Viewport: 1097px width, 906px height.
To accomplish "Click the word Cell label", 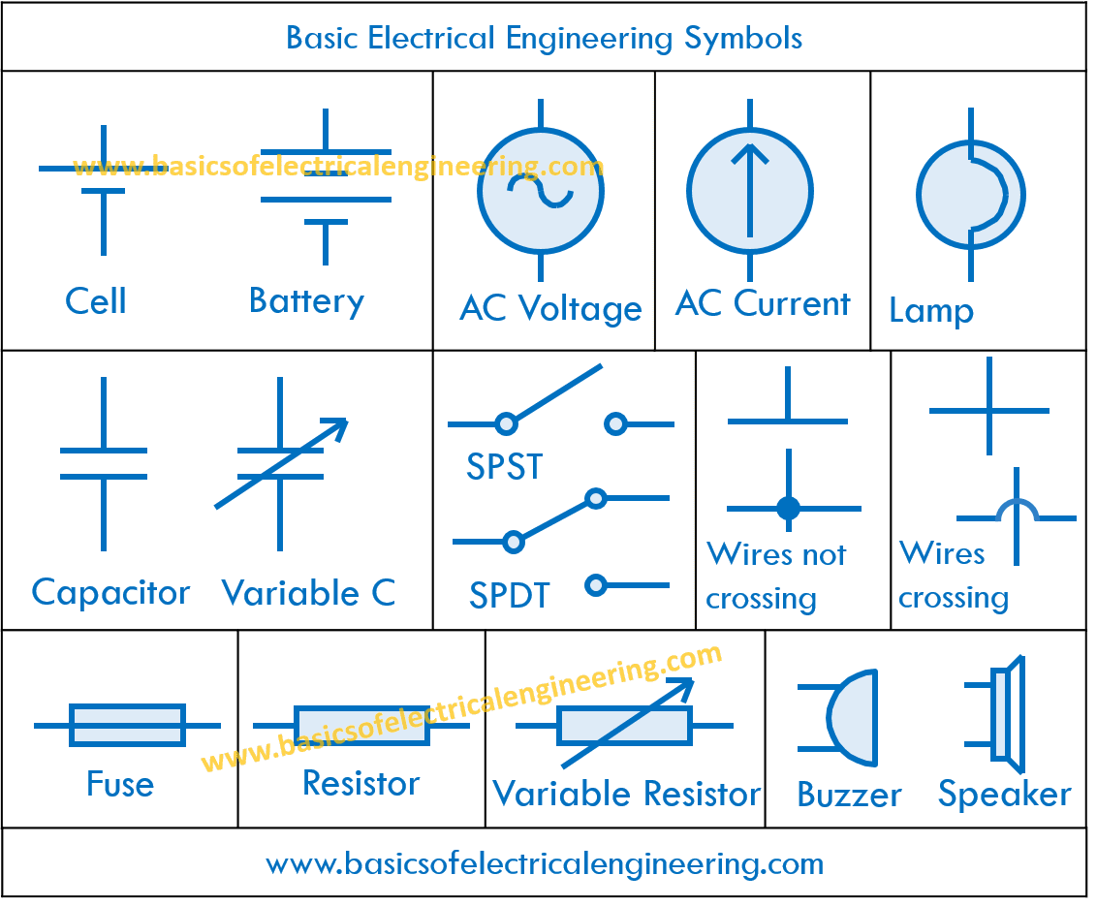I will tap(96, 300).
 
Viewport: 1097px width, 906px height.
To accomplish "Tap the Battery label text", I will tap(306, 300).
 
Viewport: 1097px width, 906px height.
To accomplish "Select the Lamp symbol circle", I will tap(969, 195).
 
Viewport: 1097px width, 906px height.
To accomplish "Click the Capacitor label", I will tap(110, 592).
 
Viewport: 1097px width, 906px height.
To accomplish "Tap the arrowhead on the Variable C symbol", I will tap(337, 426).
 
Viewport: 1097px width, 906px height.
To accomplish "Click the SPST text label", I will tap(505, 467).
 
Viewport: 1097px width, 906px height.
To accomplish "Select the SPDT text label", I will tap(510, 595).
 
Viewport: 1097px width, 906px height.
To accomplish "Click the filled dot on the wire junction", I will tap(789, 508).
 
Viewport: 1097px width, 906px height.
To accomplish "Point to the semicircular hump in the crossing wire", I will tap(1017, 511).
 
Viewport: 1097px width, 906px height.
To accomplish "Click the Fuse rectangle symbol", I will tap(127, 725).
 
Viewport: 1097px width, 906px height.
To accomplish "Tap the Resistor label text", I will tap(360, 783).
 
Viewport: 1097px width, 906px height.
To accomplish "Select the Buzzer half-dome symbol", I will tap(851, 717).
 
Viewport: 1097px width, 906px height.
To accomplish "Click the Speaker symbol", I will tap(1003, 715).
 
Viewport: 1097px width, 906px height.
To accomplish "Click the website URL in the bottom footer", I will tap(545, 862).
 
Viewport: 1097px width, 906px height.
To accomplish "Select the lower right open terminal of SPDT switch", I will tap(596, 585).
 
